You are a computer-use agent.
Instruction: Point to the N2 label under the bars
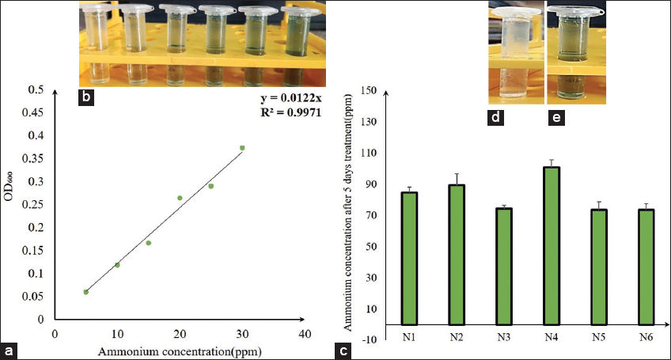[x=457, y=337]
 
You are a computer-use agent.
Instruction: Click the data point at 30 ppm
[x=242, y=148]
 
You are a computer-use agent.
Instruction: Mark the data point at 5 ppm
[x=85, y=292]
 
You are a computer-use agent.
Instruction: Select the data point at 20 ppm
[x=180, y=198]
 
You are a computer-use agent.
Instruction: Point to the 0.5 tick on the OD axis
[x=35, y=89]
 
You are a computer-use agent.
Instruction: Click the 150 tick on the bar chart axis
[x=366, y=90]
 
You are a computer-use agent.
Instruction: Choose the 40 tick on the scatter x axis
[x=305, y=334]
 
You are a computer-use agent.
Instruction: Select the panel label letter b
[x=88, y=98]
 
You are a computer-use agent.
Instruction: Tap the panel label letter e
[x=556, y=118]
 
